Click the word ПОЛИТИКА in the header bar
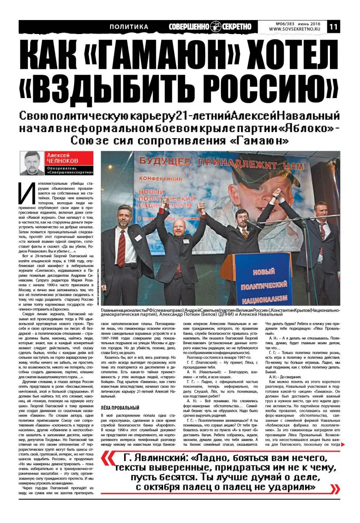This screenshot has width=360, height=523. click(x=129, y=27)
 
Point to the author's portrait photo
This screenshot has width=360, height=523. click(x=32, y=163)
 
